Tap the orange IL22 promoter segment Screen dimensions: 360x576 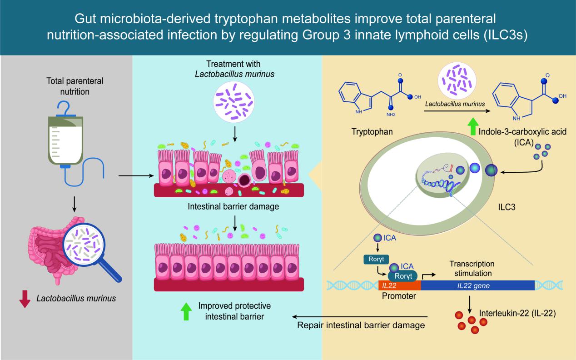tap(399, 285)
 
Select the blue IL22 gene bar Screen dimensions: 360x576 tap(477, 285)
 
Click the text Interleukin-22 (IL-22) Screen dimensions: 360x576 tap(517, 314)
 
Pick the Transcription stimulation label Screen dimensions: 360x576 tap(472, 269)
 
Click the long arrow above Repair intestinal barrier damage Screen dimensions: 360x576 tap(359, 317)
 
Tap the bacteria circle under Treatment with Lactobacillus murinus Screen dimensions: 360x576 tap(234, 102)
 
